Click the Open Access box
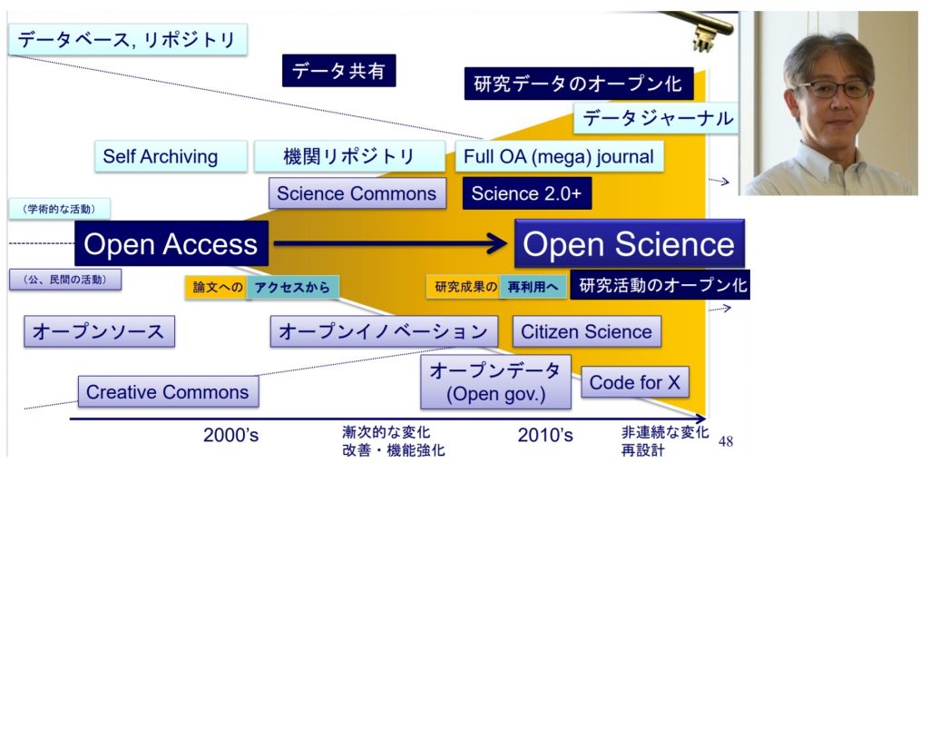[x=171, y=244]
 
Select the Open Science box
[x=629, y=244]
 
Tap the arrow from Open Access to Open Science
[x=390, y=243]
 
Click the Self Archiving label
[x=160, y=156]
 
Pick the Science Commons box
[x=357, y=193]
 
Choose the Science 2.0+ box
[x=526, y=193]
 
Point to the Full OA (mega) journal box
[x=558, y=156]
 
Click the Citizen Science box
[x=586, y=331]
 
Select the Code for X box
[x=634, y=382]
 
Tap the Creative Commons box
[x=168, y=392]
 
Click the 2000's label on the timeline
[x=230, y=436]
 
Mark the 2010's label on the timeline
[x=545, y=436]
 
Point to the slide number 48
[x=725, y=442]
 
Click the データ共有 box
[x=338, y=71]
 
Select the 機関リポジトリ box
[x=349, y=156]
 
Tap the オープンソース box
[x=99, y=331]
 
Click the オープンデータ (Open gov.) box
[x=495, y=382]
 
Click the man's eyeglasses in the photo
[x=833, y=89]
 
